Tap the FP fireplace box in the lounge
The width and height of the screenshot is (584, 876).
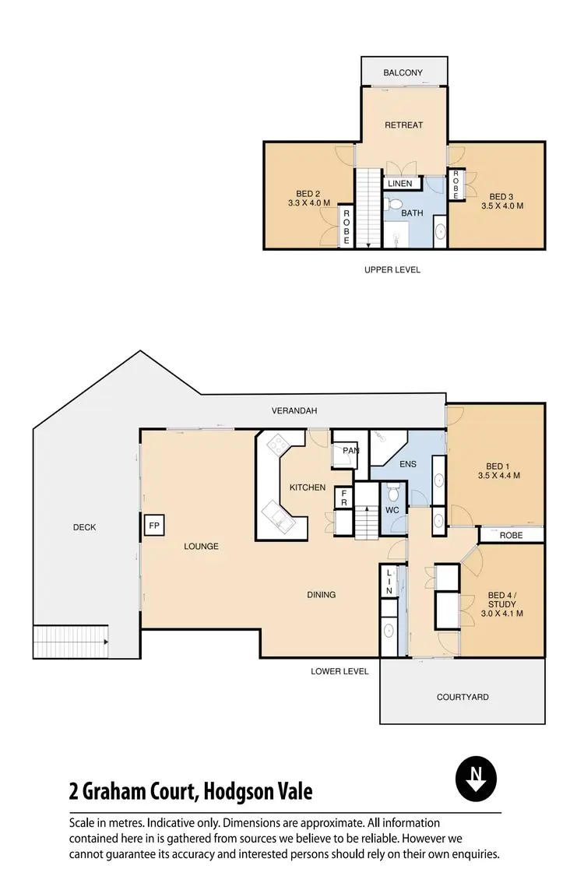[x=153, y=526]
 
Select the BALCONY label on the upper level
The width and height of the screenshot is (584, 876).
[x=403, y=73]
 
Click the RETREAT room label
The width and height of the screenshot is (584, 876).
[x=403, y=125]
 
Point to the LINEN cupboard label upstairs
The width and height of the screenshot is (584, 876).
[x=399, y=184]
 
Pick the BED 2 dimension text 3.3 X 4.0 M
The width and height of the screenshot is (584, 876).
[x=309, y=204]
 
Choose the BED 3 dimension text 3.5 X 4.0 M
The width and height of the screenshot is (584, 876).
[x=501, y=206]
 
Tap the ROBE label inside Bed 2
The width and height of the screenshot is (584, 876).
[x=347, y=227]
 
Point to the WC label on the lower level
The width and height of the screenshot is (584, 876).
[x=392, y=510]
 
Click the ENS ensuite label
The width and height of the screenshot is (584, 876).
[x=407, y=465]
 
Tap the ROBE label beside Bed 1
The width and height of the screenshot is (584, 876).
[x=511, y=536]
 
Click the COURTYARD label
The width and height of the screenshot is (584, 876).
[x=463, y=697]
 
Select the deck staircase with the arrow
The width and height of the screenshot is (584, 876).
[x=70, y=641]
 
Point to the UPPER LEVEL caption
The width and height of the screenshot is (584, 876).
[x=392, y=269]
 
